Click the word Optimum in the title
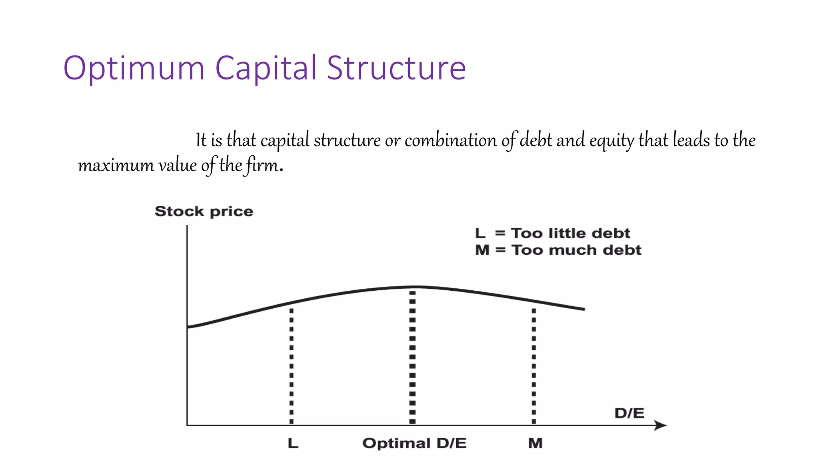click(134, 69)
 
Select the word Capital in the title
click(266, 69)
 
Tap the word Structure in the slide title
click(396, 68)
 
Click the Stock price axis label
click(204, 211)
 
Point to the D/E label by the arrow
click(629, 413)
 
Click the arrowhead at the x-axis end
click(662, 425)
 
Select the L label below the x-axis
click(293, 443)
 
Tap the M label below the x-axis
click(535, 443)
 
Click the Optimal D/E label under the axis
click(414, 443)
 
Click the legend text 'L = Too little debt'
click(552, 233)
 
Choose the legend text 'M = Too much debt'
click(558, 250)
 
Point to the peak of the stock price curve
click(416, 287)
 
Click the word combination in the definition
click(451, 140)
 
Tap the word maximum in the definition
click(116, 165)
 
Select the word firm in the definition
click(262, 165)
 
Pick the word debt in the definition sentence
click(536, 140)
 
